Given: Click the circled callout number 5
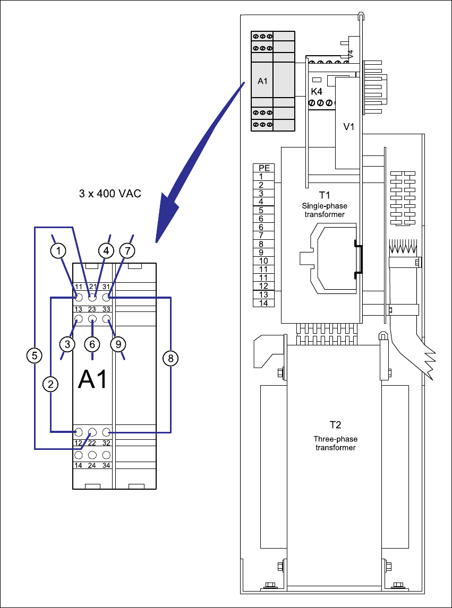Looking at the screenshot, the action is tap(35, 355).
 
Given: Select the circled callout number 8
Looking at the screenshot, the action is tap(170, 359).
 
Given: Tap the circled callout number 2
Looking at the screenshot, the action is tap(50, 384).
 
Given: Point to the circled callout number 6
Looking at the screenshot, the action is tap(92, 344).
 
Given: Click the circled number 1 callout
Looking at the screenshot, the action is tap(58, 251).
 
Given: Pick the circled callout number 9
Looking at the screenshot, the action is tap(118, 344).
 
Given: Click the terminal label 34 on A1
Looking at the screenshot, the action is tap(106, 465).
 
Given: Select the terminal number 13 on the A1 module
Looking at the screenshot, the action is tap(78, 309).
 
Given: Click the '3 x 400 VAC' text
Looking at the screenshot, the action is tap(110, 194).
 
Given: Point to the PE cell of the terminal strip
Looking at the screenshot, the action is tap(264, 168).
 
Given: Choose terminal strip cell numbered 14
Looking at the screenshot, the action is tap(264, 303).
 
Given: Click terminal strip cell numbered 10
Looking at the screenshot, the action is tap(264, 260).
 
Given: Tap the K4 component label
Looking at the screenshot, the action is tap(317, 92).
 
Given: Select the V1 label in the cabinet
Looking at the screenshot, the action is tap(349, 127).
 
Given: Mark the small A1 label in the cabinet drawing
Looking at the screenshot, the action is tap(262, 81).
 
